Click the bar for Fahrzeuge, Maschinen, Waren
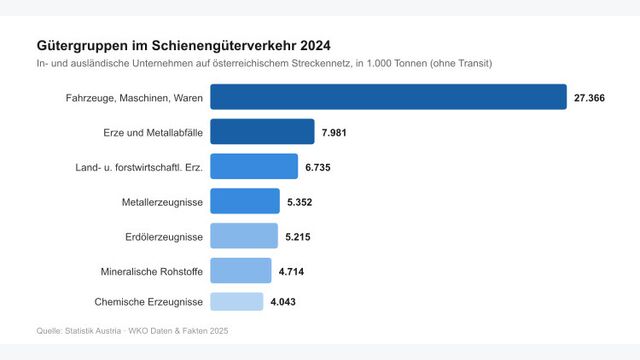(388, 97)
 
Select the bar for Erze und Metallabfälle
(249, 132)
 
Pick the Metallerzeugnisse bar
(245, 202)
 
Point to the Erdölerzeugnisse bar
(244, 236)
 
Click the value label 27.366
(590, 98)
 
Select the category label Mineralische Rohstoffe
(152, 271)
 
